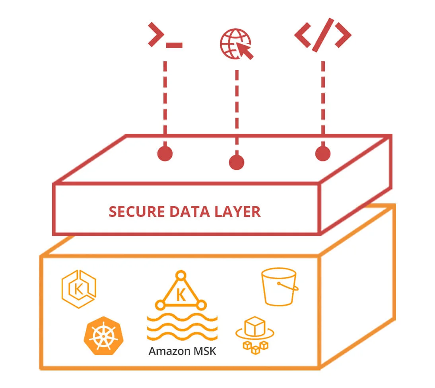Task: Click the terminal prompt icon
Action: pos(164,37)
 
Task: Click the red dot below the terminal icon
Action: pos(165,154)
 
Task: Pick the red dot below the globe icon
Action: pos(237,162)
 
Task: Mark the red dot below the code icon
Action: pos(322,154)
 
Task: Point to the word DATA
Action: pos(187,212)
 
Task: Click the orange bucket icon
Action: pos(279,287)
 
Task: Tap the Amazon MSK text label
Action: pos(182,351)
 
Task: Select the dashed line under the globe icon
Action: pos(237,111)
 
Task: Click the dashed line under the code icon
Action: pos(322,99)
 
